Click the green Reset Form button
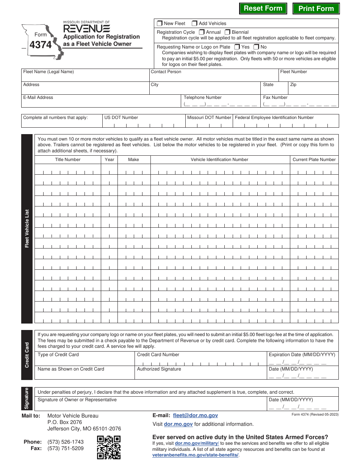[263, 8]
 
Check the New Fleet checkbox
[160, 23]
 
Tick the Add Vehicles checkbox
[194, 23]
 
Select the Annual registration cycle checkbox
[202, 32]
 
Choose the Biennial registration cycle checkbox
[227, 32]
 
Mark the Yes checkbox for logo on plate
[237, 47]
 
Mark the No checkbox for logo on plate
[256, 47]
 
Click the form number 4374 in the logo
[41, 45]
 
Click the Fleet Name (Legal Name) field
[85, 77]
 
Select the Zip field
[313, 90]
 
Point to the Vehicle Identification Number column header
[219, 160]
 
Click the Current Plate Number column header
[314, 160]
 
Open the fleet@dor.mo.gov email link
[195, 416]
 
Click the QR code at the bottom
[109, 447]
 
